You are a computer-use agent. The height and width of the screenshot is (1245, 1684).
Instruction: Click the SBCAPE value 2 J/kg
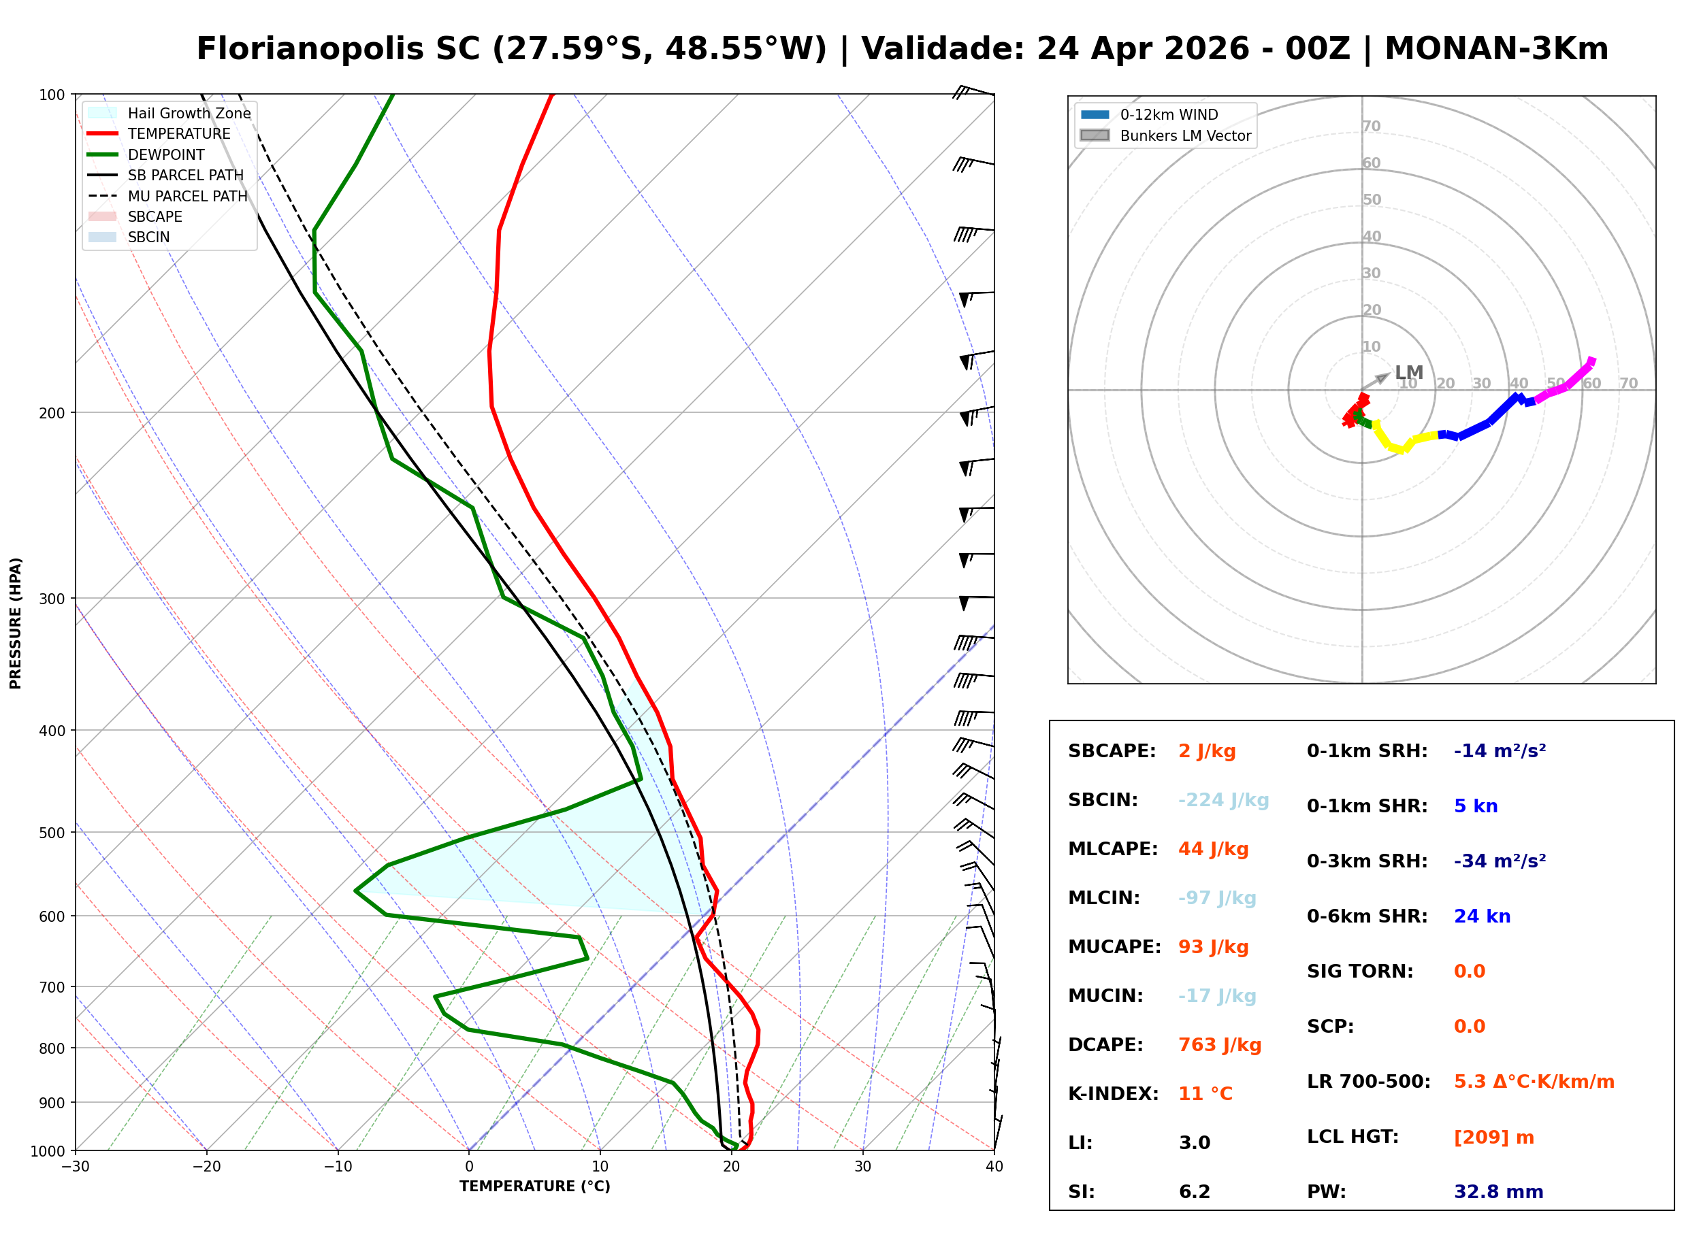click(x=1206, y=751)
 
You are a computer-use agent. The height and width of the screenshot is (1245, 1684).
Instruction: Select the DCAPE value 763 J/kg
click(x=1219, y=1045)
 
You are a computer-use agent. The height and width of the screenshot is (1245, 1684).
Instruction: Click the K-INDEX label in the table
click(x=1113, y=1094)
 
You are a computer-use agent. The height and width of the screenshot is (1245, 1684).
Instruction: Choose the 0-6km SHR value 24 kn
click(x=1481, y=916)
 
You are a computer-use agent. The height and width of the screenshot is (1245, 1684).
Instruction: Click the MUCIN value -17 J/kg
click(x=1216, y=996)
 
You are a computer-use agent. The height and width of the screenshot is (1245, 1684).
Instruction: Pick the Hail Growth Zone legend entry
click(x=189, y=113)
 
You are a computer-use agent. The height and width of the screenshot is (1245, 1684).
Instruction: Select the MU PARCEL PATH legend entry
click(x=187, y=196)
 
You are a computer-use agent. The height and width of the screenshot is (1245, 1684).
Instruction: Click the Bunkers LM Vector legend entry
click(x=1184, y=135)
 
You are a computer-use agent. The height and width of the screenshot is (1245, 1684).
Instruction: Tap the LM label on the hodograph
click(x=1408, y=372)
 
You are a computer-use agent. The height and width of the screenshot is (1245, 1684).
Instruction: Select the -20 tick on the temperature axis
click(x=206, y=1167)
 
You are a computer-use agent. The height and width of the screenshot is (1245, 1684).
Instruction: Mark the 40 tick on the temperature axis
click(x=994, y=1167)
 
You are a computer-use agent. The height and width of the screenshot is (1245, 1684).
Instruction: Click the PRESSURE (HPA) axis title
click(x=15, y=622)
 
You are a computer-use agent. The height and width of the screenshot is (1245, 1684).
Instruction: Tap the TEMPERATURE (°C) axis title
click(x=534, y=1186)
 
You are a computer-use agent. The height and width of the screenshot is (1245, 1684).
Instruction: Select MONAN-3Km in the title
click(x=1496, y=49)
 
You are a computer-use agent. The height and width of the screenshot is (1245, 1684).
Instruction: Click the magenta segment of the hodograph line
click(x=1566, y=384)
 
